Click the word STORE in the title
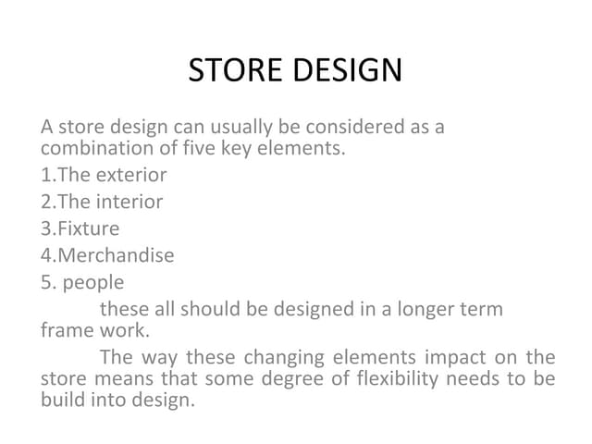coord(237,71)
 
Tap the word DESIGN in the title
coord(349,71)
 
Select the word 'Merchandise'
coord(116,255)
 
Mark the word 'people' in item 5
coord(93,282)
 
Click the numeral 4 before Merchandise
coord(46,255)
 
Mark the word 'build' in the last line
coord(62,401)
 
